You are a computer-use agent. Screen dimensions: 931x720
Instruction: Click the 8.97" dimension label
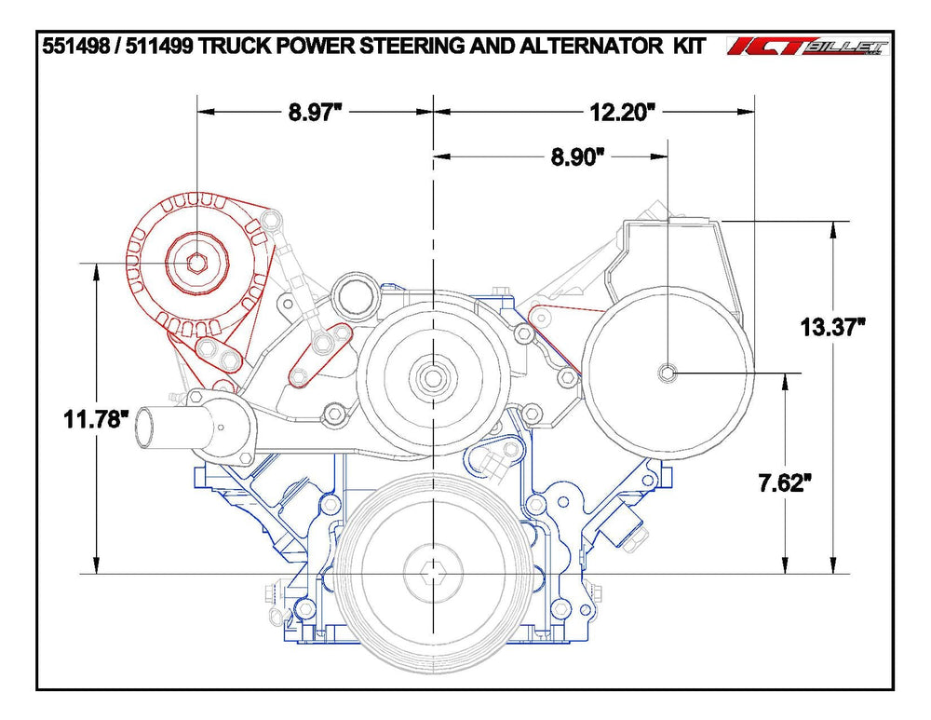click(317, 112)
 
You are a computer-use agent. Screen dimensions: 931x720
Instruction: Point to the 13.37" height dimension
click(832, 327)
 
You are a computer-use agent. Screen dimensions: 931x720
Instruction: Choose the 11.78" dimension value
click(96, 419)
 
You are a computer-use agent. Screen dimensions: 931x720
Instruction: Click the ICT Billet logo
click(808, 47)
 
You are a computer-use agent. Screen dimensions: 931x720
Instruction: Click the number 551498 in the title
click(75, 46)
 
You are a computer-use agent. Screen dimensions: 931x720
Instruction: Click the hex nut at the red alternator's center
click(196, 263)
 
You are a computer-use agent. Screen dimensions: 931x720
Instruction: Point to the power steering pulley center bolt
click(668, 373)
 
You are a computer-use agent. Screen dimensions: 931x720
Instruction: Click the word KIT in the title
click(689, 46)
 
